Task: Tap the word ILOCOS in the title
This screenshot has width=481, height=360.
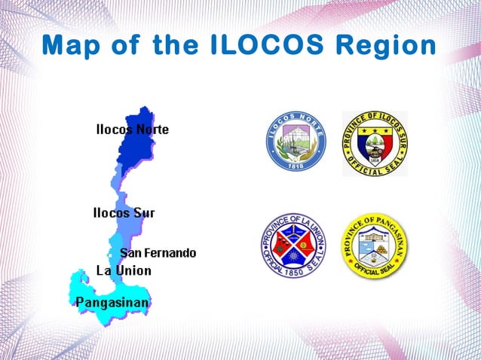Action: tap(256, 46)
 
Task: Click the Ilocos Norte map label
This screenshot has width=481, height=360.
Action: tap(132, 130)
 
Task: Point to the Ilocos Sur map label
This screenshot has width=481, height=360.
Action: tap(124, 213)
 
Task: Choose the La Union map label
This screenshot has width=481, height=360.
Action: tap(124, 270)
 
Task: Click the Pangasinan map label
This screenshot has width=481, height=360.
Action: tap(112, 303)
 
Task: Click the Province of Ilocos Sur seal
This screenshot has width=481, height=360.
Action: tap(375, 143)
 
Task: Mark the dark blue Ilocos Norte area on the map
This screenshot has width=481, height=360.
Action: tap(136, 151)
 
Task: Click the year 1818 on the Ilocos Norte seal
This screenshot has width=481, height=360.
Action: tap(296, 166)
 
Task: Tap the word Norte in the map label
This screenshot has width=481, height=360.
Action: tap(152, 130)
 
